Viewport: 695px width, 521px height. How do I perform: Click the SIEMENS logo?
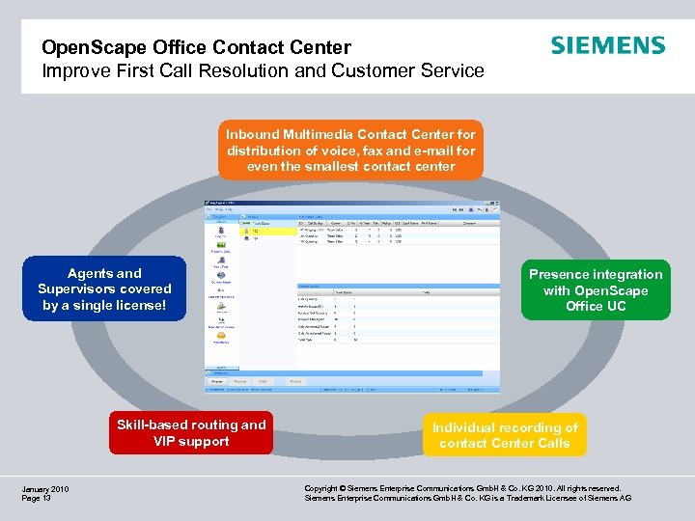(x=607, y=46)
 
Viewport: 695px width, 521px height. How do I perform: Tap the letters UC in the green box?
(x=616, y=306)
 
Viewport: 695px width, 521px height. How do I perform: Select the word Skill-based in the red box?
(x=154, y=425)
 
